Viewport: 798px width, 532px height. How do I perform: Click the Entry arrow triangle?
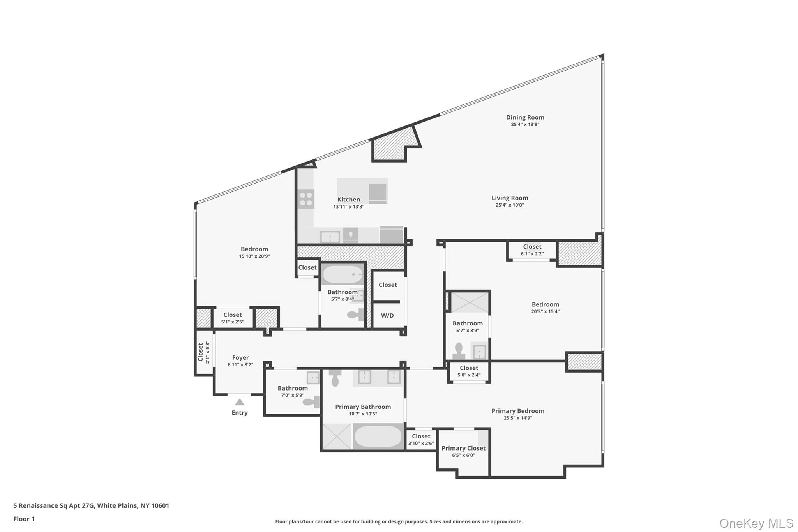240,402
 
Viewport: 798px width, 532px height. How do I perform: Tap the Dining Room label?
525,117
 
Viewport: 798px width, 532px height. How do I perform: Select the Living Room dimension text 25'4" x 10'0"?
510,205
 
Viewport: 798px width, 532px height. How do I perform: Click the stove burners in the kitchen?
306,199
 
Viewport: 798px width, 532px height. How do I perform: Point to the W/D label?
387,316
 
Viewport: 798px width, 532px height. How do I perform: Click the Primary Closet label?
463,448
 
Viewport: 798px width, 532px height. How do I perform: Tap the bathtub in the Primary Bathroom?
378,436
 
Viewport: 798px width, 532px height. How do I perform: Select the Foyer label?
240,357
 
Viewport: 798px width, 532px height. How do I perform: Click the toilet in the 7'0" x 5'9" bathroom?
311,402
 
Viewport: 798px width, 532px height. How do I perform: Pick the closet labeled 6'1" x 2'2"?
532,250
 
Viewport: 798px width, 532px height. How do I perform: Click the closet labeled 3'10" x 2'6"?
421,440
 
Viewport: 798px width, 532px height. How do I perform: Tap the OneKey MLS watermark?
756,523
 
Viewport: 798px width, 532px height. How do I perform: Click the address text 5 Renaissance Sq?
91,506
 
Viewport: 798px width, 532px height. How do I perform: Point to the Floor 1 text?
24,519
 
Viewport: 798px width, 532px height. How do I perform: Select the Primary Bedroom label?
517,411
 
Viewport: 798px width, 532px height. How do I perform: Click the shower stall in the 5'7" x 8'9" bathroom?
470,302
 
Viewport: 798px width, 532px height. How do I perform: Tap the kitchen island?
362,191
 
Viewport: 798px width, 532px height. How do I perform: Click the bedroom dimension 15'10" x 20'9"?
254,256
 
